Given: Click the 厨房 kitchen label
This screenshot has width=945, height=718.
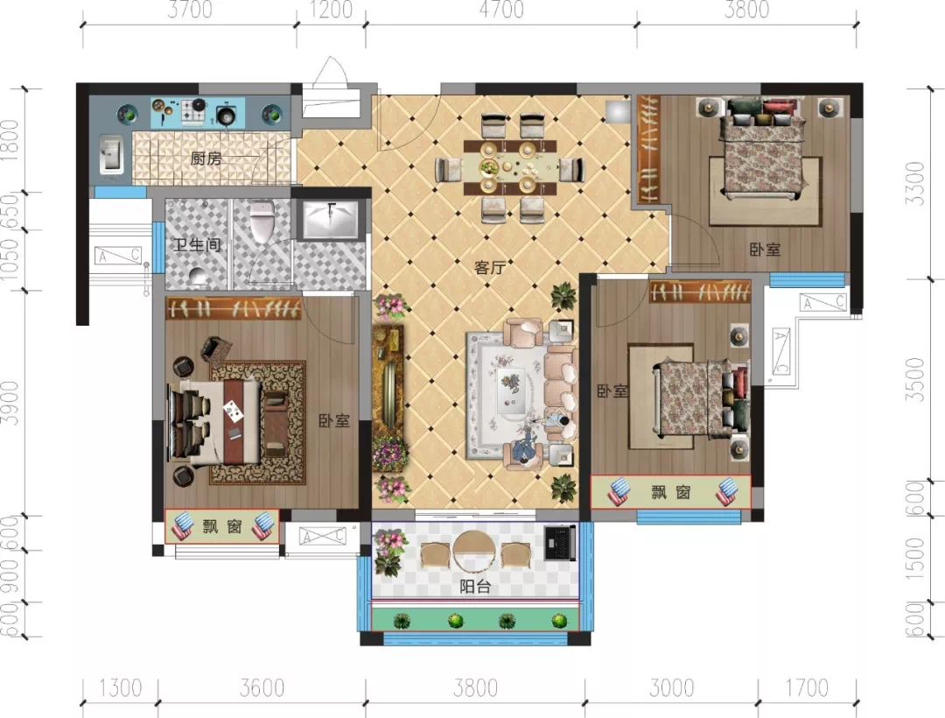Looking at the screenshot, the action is pyautogui.click(x=206, y=158).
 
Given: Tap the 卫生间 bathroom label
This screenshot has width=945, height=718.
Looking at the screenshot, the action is pyautogui.click(x=197, y=245).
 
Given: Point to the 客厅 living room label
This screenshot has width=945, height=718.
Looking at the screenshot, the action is pyautogui.click(x=489, y=267).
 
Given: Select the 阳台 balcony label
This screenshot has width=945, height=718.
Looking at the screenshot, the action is pyautogui.click(x=475, y=586).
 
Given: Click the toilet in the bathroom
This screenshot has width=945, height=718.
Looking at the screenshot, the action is pyautogui.click(x=262, y=222).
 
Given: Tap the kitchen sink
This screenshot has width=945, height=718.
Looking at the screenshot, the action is pyautogui.click(x=111, y=153).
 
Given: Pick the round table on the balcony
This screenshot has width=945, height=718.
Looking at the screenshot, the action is pyautogui.click(x=475, y=552).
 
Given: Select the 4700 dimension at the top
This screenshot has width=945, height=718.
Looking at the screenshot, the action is pyautogui.click(x=501, y=10).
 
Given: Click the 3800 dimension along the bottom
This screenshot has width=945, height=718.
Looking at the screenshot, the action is pyautogui.click(x=476, y=687).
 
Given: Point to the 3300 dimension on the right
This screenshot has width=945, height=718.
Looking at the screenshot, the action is pyautogui.click(x=915, y=183).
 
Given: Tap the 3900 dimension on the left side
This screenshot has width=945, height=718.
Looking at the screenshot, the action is pyautogui.click(x=10, y=403).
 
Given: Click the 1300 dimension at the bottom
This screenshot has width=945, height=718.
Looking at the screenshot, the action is pyautogui.click(x=120, y=687).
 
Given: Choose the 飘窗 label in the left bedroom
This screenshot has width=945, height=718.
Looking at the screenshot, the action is pyautogui.click(x=222, y=526).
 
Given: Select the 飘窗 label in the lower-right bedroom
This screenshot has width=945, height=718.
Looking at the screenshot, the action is pyautogui.click(x=671, y=492).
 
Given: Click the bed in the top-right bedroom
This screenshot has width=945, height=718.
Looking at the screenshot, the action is pyautogui.click(x=764, y=150).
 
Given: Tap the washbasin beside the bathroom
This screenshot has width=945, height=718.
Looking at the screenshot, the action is pyautogui.click(x=331, y=219).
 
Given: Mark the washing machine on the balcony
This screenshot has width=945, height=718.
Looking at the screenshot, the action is pyautogui.click(x=560, y=542).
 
